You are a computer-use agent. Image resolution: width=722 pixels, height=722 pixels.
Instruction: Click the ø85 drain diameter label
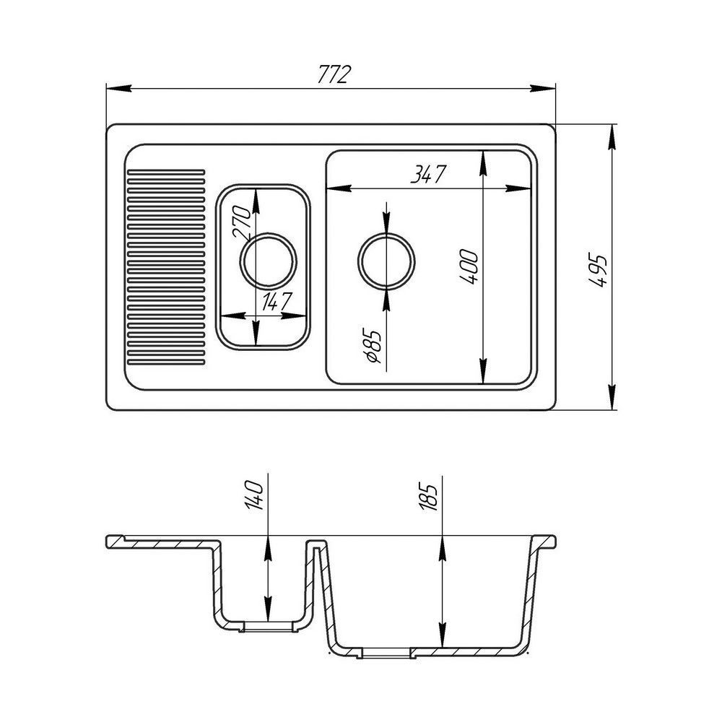(x=373, y=347)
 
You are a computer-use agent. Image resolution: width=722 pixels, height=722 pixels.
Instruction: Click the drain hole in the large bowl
(x=387, y=260)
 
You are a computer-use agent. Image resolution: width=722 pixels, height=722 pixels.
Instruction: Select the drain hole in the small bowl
(x=269, y=260)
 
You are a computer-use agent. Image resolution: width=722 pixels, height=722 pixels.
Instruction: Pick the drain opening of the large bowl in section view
(x=387, y=653)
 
